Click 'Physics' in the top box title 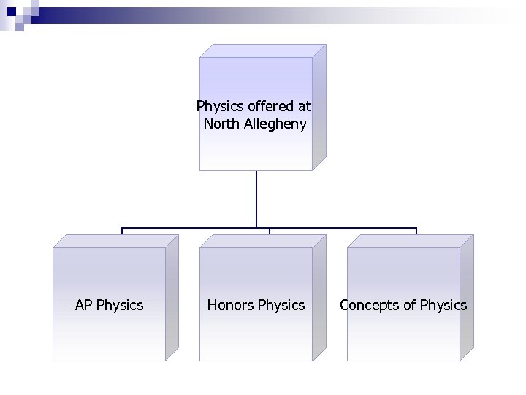pos(218,107)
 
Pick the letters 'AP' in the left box pos(84,305)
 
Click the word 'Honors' pos(229,305)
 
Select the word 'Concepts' pos(369,305)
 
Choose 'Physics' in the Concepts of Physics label pos(443,305)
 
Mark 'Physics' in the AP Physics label pos(120,305)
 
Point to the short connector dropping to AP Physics pos(122,231)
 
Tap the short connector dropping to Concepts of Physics pos(416,231)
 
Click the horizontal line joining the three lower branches pos(190,228)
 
